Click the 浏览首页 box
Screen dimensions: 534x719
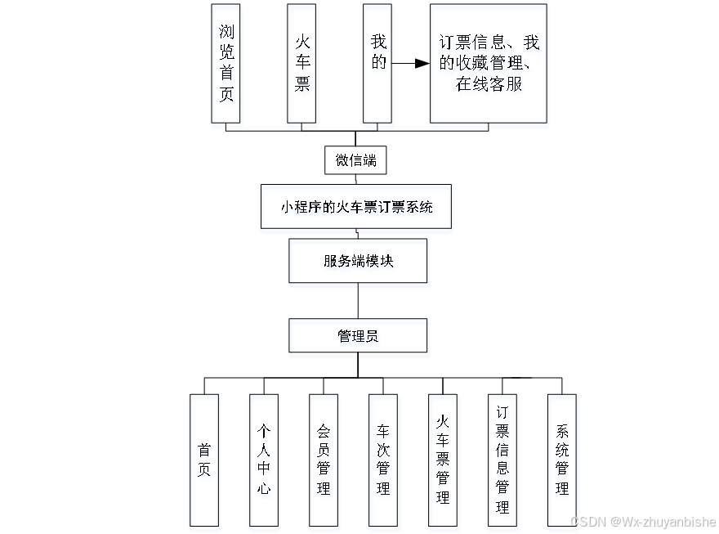226,63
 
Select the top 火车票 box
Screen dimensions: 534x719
301,63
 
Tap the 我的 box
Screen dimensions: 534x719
377,63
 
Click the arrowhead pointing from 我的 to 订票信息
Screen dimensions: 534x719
422,63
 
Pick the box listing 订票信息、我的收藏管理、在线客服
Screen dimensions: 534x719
489,63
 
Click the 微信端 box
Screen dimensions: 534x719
355,160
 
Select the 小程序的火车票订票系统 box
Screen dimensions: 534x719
355,206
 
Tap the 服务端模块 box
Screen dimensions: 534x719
358,261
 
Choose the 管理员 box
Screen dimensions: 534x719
358,335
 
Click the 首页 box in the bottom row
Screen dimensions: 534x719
204,460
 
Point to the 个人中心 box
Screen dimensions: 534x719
264,460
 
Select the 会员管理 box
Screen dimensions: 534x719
324,460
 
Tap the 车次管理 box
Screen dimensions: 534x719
383,460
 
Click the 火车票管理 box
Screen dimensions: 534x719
443,460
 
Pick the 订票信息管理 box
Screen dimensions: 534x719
502,460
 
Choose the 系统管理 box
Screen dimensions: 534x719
562,460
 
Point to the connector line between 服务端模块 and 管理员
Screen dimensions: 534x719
358,301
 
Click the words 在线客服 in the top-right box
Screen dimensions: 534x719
489,83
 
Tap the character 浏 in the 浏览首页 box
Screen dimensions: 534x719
226,32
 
